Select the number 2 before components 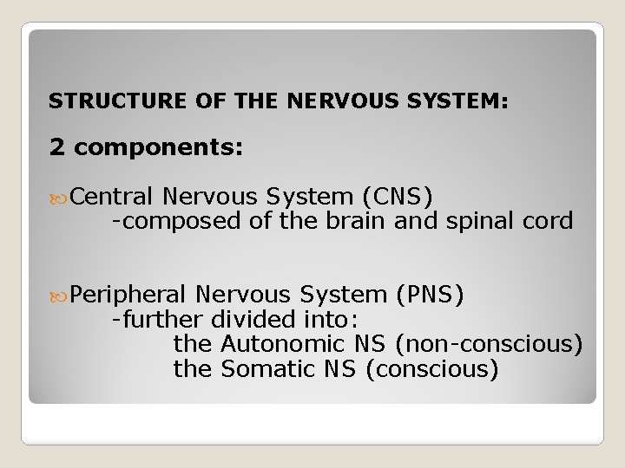(57, 148)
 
